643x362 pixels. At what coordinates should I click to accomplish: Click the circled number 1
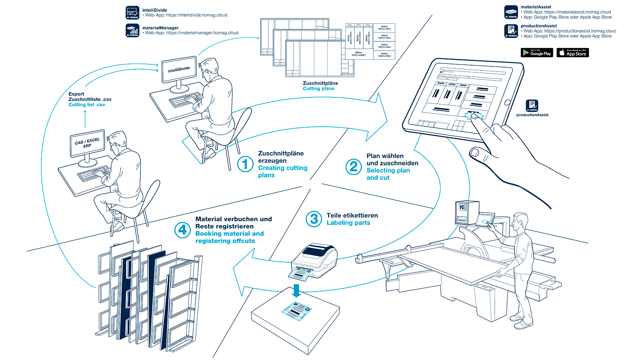pyautogui.click(x=245, y=164)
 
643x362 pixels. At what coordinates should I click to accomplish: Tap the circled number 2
pyautogui.click(x=354, y=167)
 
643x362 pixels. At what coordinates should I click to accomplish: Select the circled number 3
pyautogui.click(x=314, y=219)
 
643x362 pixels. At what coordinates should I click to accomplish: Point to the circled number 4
pyautogui.click(x=182, y=230)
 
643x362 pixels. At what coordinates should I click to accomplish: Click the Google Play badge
pyautogui.click(x=537, y=53)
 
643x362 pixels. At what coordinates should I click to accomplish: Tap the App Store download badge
pyautogui.click(x=573, y=53)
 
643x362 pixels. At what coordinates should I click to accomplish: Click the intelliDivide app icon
pyautogui.click(x=133, y=12)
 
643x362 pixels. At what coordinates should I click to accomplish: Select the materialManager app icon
pyautogui.click(x=133, y=30)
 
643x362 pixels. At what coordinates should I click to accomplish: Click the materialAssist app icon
pyautogui.click(x=511, y=12)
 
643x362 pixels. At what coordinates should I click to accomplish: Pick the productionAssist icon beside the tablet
pyautogui.click(x=532, y=106)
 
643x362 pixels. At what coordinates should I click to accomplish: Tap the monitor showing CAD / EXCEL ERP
pyautogui.click(x=87, y=144)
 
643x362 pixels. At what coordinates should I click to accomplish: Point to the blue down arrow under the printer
pyautogui.click(x=297, y=290)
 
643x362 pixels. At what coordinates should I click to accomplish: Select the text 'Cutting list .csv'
pyautogui.click(x=87, y=105)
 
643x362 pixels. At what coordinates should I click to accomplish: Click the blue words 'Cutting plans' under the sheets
pyautogui.click(x=318, y=88)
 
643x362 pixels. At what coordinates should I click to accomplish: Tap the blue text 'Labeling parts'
pyautogui.click(x=348, y=223)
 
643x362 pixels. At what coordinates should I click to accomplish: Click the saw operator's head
pyautogui.click(x=521, y=220)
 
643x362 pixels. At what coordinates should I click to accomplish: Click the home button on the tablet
pyautogui.click(x=507, y=103)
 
